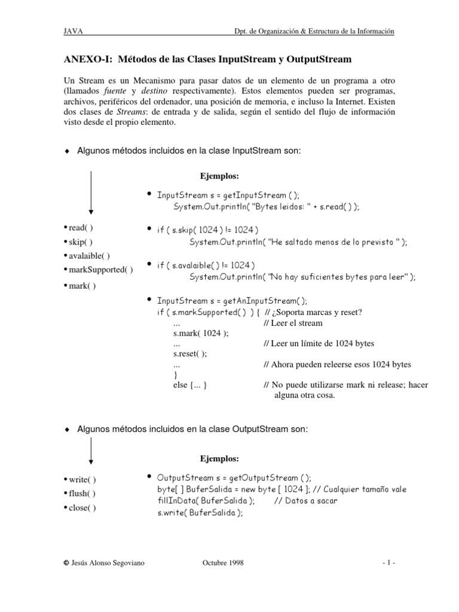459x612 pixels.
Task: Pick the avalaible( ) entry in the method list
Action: [x=86, y=256]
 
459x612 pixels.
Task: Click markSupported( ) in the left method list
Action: [x=98, y=270]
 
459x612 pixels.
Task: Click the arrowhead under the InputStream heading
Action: [x=90, y=209]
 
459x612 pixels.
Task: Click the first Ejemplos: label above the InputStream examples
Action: [x=219, y=176]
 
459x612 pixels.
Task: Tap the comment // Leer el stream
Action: [x=293, y=323]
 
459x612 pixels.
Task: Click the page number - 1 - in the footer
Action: [x=388, y=563]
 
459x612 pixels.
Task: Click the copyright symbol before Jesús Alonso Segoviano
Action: [x=66, y=563]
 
